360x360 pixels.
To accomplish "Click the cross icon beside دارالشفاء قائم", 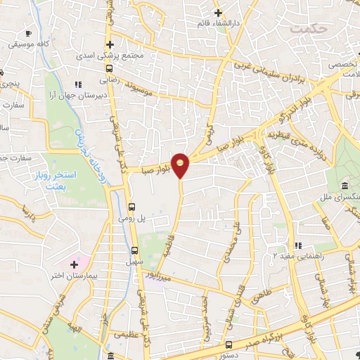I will [x=218, y=13].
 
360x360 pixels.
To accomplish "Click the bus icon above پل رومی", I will [x=132, y=206].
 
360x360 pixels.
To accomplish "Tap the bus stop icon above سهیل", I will [x=135, y=250].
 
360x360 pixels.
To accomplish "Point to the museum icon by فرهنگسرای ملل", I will [x=346, y=185].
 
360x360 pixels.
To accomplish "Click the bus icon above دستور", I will [x=229, y=344].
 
